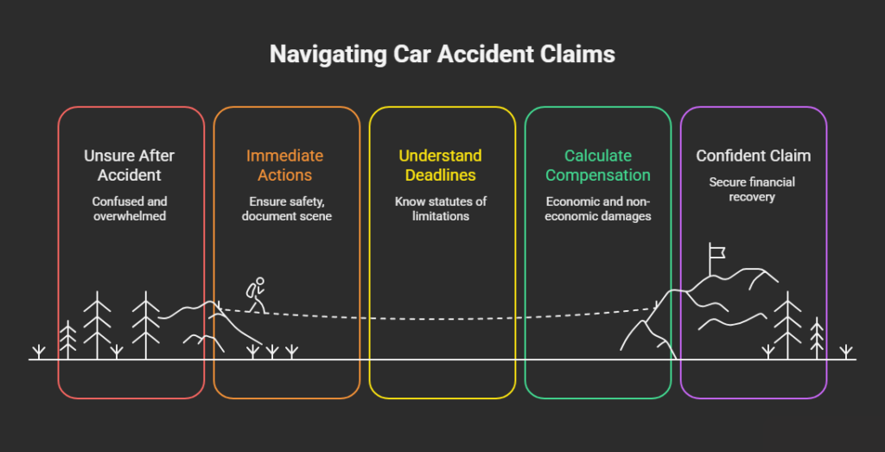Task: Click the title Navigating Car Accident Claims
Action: [442, 54]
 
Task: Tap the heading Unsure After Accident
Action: [131, 165]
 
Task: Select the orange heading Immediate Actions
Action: [286, 165]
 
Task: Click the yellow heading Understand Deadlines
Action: [442, 165]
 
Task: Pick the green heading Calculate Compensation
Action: [597, 165]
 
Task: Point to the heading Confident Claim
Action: [753, 156]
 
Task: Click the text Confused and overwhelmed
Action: [131, 209]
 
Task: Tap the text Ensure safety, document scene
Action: [286, 209]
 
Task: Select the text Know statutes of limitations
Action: [442, 209]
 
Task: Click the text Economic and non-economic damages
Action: [597, 209]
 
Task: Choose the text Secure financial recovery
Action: [753, 190]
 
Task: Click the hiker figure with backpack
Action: [255, 295]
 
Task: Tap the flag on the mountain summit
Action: [716, 251]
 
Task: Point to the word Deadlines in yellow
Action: [442, 175]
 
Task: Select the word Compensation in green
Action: [597, 175]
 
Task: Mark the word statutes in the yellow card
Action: [459, 201]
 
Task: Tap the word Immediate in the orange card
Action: [285, 156]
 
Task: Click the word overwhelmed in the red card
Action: [131, 217]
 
